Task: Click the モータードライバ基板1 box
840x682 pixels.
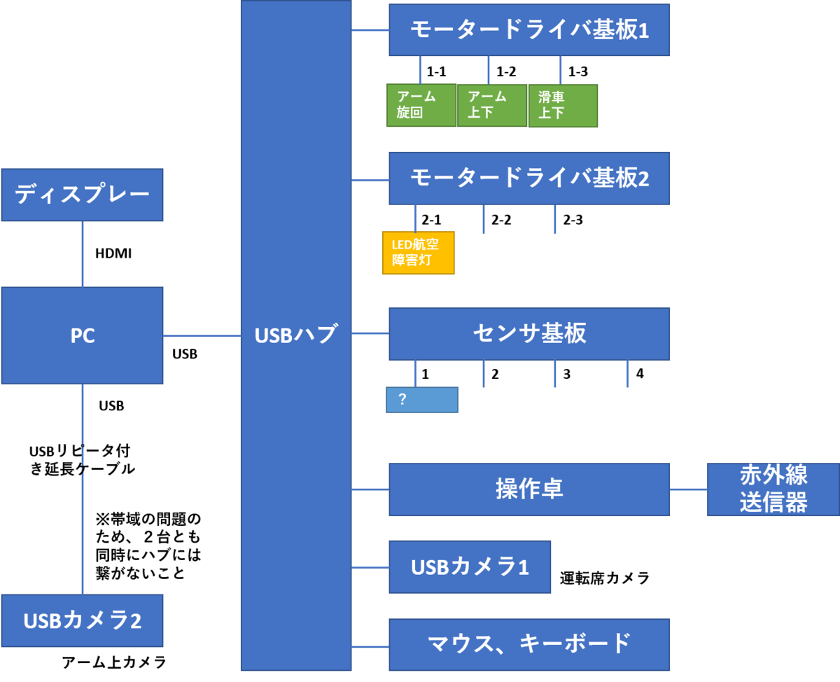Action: (529, 30)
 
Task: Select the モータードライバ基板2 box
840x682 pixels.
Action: (529, 179)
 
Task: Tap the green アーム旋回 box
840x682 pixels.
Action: (421, 106)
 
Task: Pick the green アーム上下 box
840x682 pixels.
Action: (492, 106)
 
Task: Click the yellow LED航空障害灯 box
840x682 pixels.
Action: (418, 253)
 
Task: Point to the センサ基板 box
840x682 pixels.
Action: (529, 334)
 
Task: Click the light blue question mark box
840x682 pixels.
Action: (422, 400)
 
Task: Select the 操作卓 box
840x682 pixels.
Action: (529, 489)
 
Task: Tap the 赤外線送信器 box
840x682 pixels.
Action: (773, 489)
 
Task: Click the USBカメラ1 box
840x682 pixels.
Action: (470, 566)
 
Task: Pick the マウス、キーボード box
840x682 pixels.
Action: (529, 644)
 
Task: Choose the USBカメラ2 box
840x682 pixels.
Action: (82, 620)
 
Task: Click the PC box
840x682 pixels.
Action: (82, 335)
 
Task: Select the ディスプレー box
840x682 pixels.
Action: (82, 195)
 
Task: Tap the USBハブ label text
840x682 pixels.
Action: (295, 335)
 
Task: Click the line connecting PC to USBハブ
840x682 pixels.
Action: (202, 336)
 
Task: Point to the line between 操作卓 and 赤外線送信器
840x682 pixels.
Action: (688, 489)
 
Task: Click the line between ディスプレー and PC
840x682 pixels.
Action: (83, 253)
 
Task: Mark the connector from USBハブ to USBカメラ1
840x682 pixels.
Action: (370, 567)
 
